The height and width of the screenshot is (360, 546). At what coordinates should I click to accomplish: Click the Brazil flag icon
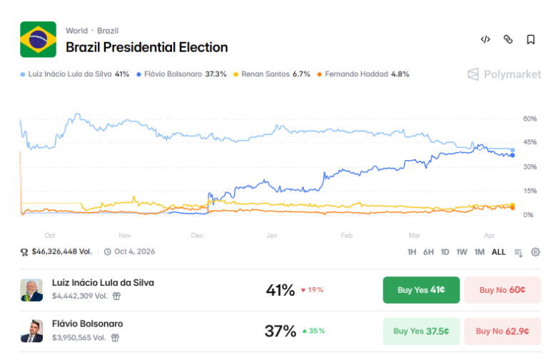[x=38, y=39]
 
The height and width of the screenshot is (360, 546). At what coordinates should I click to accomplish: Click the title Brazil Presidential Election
[x=146, y=47]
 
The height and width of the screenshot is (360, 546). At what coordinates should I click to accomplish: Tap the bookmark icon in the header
[x=530, y=40]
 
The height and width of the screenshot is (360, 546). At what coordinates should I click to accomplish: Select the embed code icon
[x=485, y=40]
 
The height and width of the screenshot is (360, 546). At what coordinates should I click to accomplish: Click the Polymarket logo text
[x=502, y=74]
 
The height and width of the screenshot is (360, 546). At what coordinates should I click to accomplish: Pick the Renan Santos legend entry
[x=275, y=74]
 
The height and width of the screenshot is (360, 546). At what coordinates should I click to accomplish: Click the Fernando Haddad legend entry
[x=363, y=74]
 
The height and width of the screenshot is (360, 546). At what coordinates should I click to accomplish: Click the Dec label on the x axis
[x=197, y=235]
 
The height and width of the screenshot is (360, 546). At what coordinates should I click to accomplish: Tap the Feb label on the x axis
[x=347, y=235]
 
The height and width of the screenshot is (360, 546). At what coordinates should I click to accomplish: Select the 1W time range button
[x=462, y=252]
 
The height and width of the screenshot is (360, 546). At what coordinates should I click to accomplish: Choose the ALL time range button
[x=498, y=252]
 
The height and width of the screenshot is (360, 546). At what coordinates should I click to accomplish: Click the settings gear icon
[x=535, y=252]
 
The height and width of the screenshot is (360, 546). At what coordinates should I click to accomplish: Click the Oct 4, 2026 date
[x=134, y=251]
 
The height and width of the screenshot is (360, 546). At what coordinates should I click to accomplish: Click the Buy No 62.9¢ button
[x=502, y=331]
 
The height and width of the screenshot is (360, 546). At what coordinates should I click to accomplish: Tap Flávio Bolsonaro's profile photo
[x=31, y=331]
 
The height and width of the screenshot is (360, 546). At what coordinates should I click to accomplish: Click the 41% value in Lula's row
[x=280, y=290]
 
